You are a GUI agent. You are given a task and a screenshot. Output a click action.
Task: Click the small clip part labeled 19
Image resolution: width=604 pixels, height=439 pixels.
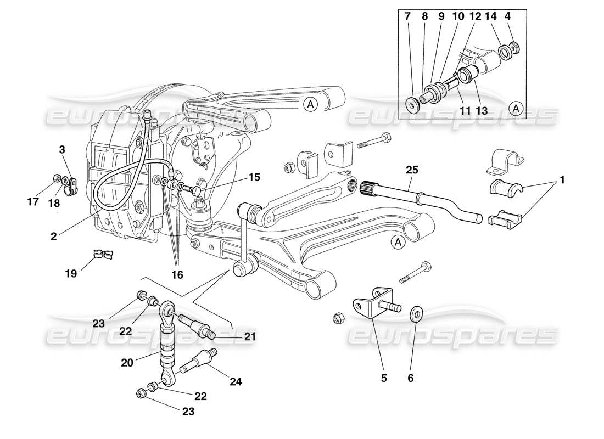[x=103, y=255]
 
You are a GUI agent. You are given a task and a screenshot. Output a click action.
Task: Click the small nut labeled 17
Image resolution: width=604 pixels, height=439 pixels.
[x=57, y=178]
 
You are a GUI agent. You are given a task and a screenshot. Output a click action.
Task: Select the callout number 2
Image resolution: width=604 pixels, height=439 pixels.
[x=53, y=237]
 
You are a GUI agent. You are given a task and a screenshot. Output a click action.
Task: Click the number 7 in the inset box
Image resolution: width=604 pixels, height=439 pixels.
[x=407, y=17]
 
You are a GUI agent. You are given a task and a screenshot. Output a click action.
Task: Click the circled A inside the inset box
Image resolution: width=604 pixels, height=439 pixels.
[x=516, y=109]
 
